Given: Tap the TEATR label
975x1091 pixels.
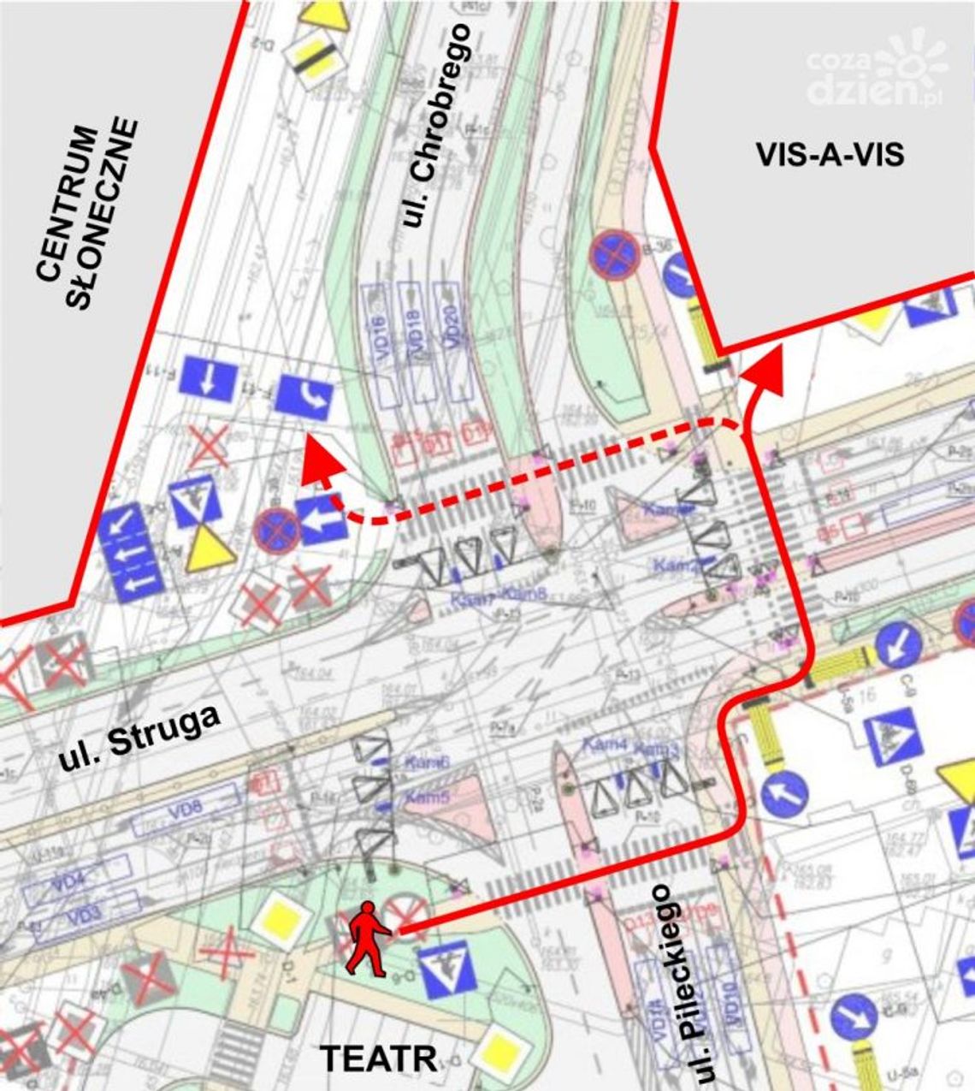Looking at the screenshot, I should point(379,1058).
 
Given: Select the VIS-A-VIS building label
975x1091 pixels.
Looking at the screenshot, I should point(830,155).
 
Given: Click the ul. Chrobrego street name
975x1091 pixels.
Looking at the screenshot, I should point(435,125).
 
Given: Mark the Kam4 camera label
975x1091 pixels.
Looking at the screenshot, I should point(605,745).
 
